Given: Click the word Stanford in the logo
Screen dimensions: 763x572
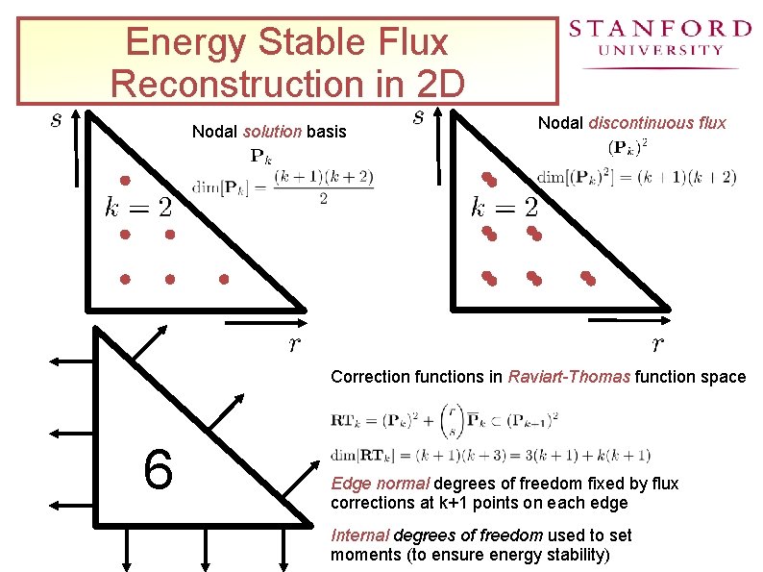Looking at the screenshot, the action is click(659, 29).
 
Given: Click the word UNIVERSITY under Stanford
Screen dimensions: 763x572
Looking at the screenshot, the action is click(660, 49).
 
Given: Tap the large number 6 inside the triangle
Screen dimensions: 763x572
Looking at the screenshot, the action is click(158, 468).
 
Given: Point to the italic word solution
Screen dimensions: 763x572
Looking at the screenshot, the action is click(273, 131).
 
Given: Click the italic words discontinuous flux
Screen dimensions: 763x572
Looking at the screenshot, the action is click(657, 122).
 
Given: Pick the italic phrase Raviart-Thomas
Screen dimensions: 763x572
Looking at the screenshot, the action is click(569, 377).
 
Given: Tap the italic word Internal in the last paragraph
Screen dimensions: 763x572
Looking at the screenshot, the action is click(358, 535).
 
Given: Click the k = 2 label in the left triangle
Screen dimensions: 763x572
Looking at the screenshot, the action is click(139, 206).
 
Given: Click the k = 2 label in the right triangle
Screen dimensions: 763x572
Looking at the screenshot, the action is click(505, 207).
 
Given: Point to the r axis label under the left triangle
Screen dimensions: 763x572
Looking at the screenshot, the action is click(294, 344).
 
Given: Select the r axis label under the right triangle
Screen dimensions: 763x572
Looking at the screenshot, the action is click(658, 344).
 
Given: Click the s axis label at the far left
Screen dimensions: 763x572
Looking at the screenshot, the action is click(57, 120).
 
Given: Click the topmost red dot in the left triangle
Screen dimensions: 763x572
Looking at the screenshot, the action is click(124, 181).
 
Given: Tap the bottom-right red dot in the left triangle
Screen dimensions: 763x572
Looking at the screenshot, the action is click(224, 280).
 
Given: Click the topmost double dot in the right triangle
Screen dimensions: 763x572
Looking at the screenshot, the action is click(488, 179).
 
